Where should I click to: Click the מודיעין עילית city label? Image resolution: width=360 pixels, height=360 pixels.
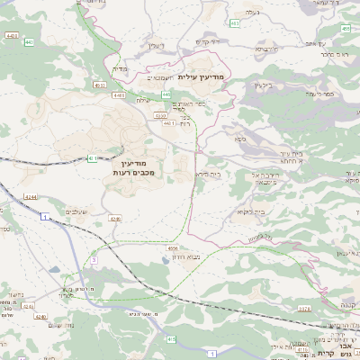(x=204, y=77)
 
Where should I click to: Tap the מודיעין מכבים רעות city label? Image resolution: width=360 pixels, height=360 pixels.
(x=135, y=166)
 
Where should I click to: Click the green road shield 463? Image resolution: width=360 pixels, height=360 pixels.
(x=234, y=23)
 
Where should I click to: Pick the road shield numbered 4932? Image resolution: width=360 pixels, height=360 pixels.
(x=100, y=85)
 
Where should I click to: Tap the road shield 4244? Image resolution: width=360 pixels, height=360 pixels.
(x=31, y=197)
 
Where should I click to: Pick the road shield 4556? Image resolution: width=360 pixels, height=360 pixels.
(x=173, y=249)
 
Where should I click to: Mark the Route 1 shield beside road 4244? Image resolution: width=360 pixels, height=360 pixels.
(x=42, y=217)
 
